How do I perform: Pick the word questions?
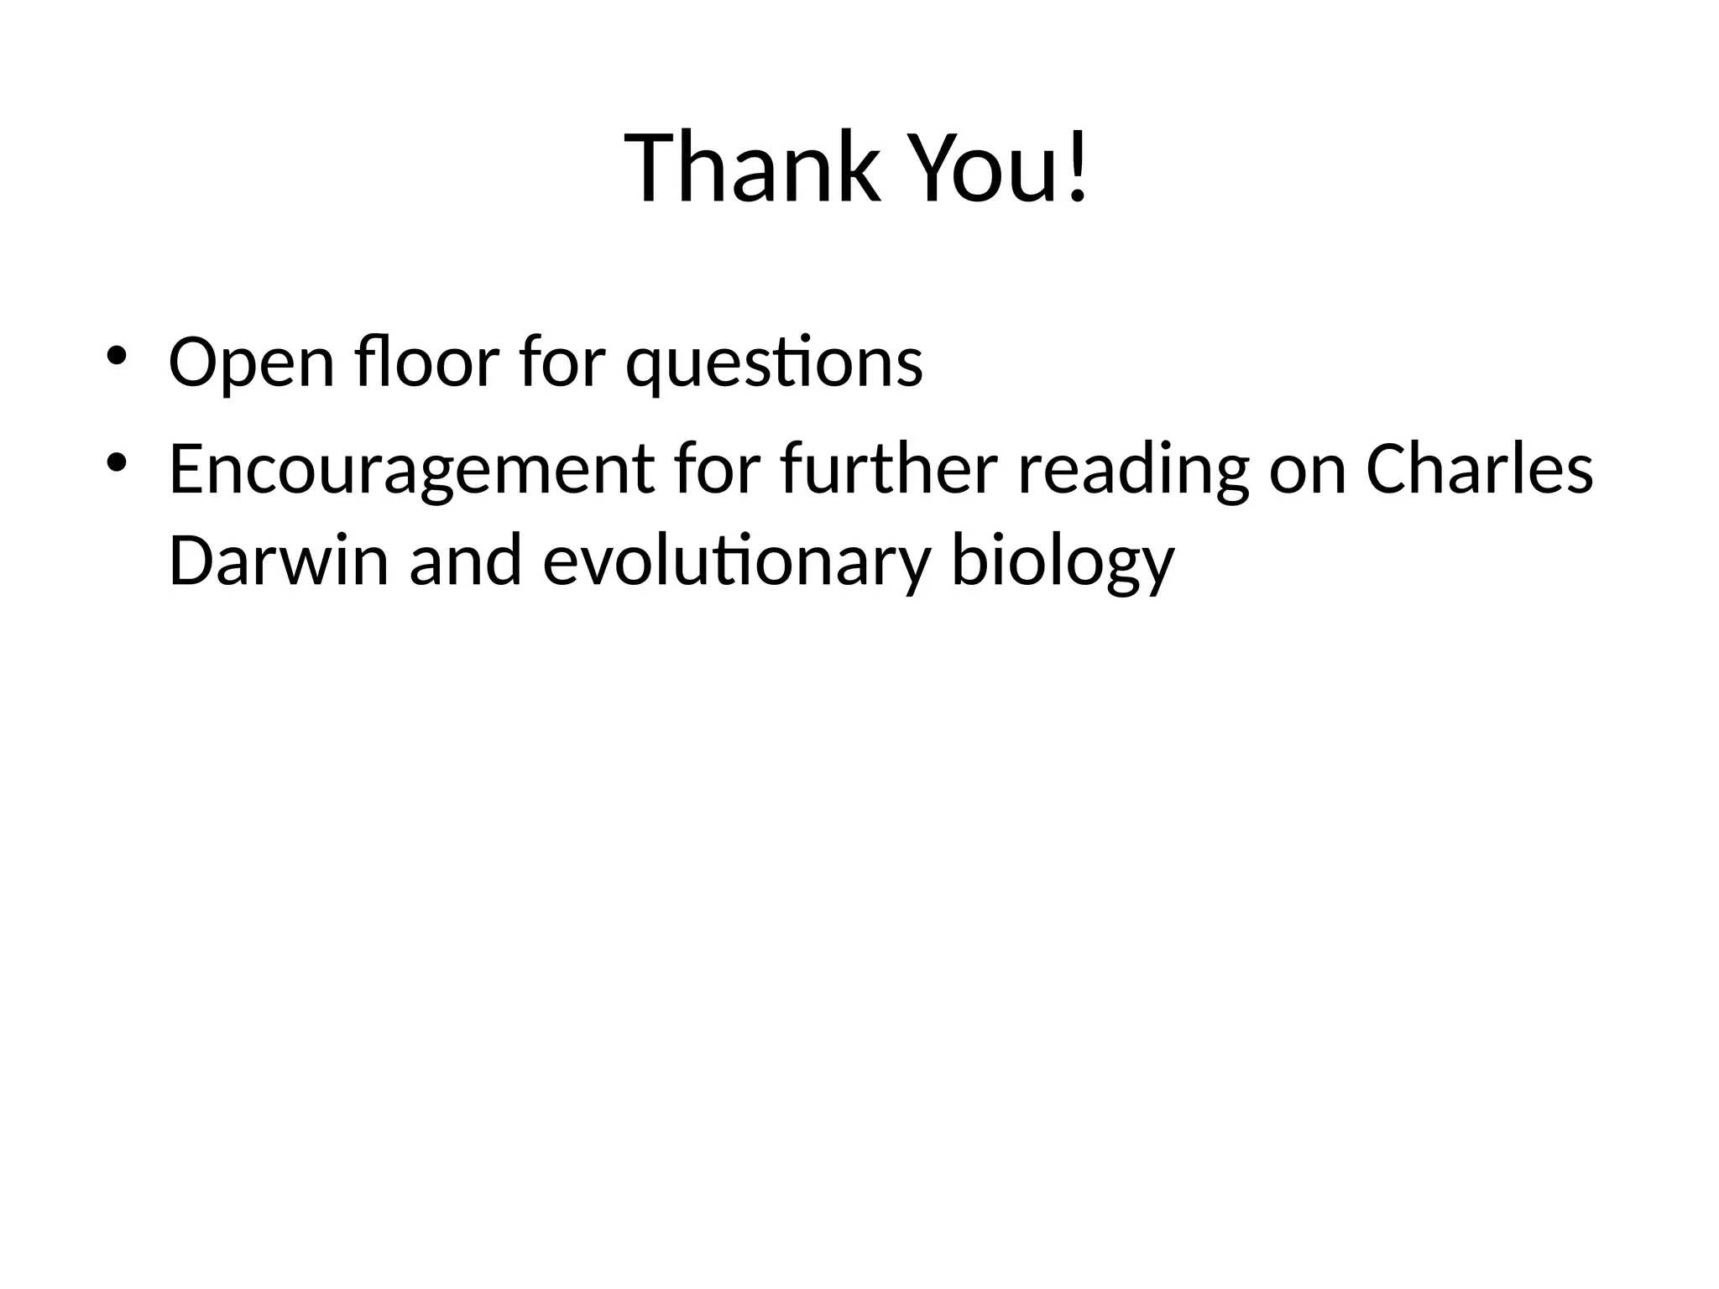(774, 363)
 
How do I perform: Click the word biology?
(1062, 563)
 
